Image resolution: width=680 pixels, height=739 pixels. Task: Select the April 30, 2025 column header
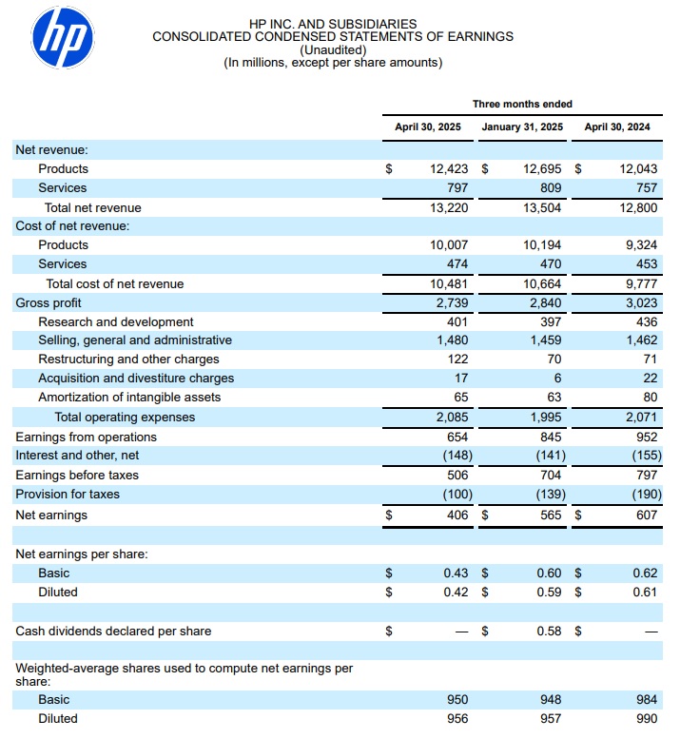click(x=427, y=126)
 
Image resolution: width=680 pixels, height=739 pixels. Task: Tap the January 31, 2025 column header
click(x=522, y=126)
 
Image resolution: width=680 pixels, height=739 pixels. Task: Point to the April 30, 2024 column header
click(x=617, y=126)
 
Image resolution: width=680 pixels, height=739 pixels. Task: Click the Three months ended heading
click(x=522, y=104)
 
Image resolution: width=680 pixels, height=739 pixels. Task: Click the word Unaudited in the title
click(x=332, y=50)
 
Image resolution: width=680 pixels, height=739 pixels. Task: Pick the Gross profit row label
click(x=48, y=302)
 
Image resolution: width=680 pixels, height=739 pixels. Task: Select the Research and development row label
click(x=116, y=321)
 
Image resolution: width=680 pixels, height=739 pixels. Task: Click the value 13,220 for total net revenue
click(x=450, y=207)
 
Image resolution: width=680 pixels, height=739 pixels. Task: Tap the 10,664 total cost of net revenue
click(x=542, y=283)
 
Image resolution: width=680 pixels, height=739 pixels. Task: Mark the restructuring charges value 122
click(x=457, y=360)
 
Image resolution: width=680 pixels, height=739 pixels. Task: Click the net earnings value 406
click(x=457, y=515)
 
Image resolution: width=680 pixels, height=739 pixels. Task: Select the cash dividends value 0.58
click(x=549, y=631)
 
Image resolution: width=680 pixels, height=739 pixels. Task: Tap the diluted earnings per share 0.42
click(x=456, y=592)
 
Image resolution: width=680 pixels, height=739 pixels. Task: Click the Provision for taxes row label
click(x=68, y=495)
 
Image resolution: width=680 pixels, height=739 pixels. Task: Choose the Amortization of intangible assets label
click(x=129, y=398)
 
